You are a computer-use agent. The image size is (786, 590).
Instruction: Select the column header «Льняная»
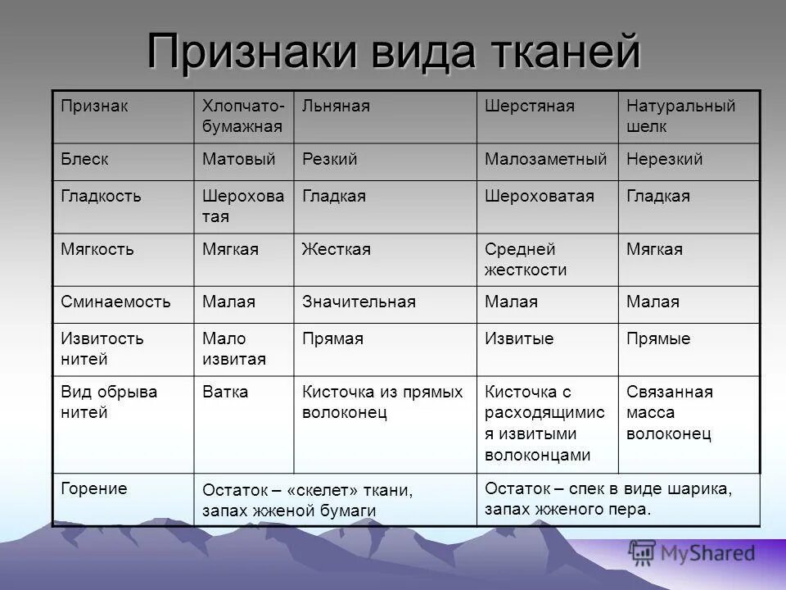pos(336,107)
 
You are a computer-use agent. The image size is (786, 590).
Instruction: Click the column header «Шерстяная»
pos(529,107)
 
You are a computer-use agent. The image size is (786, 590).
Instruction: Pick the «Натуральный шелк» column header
pos(680,116)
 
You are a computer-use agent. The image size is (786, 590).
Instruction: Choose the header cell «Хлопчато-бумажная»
pos(243,116)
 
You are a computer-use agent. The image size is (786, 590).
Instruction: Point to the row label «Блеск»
pos(84,159)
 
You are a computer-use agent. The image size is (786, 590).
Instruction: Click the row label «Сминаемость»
pos(115,302)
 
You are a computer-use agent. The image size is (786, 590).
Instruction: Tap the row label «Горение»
pos(94,488)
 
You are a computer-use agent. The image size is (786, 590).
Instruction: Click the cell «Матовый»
pos(238,159)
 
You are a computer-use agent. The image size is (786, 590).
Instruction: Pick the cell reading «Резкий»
pos(329,159)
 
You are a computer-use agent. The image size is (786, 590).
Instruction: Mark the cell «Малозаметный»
pos(545,159)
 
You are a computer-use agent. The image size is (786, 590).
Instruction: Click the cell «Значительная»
pos(359,302)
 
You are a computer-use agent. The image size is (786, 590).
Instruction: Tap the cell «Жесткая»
pos(336,249)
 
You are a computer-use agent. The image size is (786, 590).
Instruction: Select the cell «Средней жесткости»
pos(526,259)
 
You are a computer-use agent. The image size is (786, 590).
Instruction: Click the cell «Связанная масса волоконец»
pos(669,412)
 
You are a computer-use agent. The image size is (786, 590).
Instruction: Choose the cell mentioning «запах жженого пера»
pos(608,498)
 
